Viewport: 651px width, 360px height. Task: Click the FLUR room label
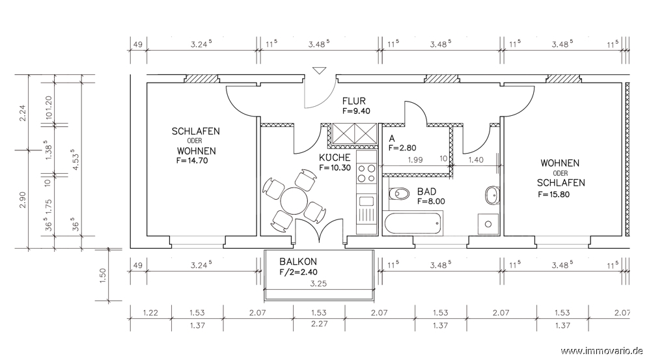click(x=353, y=101)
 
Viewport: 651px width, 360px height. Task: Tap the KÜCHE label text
click(x=335, y=158)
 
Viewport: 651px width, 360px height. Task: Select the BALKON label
click(x=298, y=262)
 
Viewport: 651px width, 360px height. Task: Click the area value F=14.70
click(x=192, y=161)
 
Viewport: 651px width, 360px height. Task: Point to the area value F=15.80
click(x=554, y=195)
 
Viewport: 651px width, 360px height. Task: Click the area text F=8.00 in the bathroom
click(x=431, y=201)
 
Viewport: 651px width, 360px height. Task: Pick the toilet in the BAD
click(x=399, y=193)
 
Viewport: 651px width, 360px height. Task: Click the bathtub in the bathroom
click(x=414, y=223)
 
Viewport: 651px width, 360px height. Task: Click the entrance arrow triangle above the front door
click(x=319, y=70)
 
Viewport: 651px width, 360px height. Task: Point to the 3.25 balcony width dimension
click(x=318, y=284)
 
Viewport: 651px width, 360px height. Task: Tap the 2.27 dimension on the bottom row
click(x=319, y=325)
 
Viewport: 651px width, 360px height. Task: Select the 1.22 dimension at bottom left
click(x=150, y=312)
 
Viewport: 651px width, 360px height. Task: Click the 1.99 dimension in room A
click(x=415, y=159)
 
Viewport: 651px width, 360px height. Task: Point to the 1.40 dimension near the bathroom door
click(x=476, y=159)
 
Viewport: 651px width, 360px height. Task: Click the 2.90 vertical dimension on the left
click(x=22, y=200)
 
